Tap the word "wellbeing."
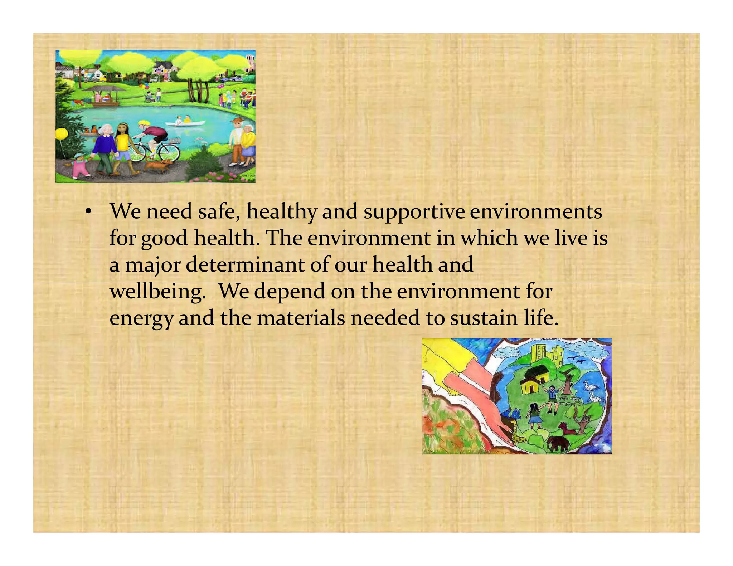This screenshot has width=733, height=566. pos(157,292)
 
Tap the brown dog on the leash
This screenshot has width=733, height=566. pos(158,165)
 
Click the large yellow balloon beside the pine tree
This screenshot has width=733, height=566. pos(62,134)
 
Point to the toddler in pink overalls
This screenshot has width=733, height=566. pos(79,166)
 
